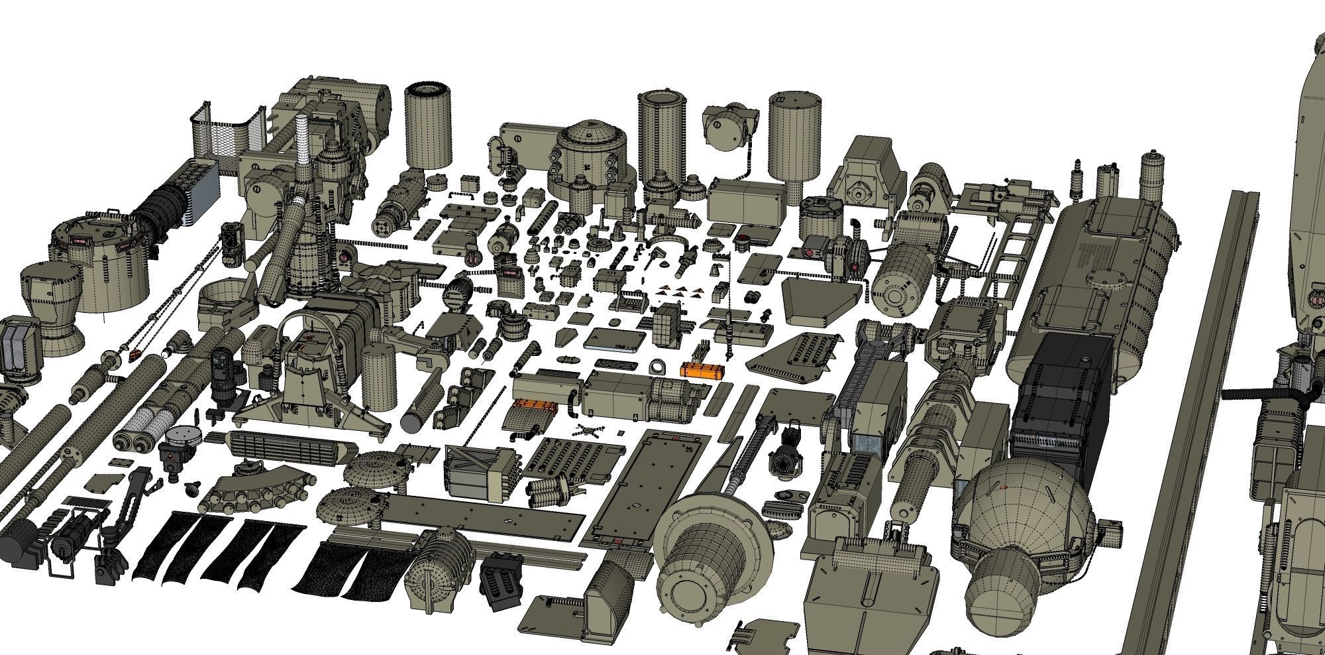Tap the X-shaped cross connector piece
(586, 429)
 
